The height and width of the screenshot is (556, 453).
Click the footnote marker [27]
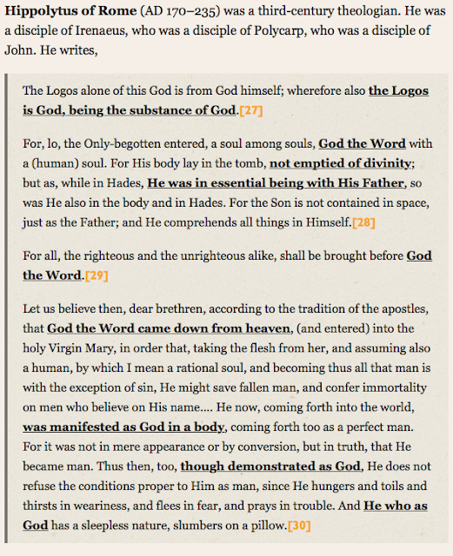click(250, 111)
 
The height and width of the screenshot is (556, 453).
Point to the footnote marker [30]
click(298, 526)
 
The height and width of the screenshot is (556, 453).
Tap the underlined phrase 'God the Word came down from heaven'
click(169, 328)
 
